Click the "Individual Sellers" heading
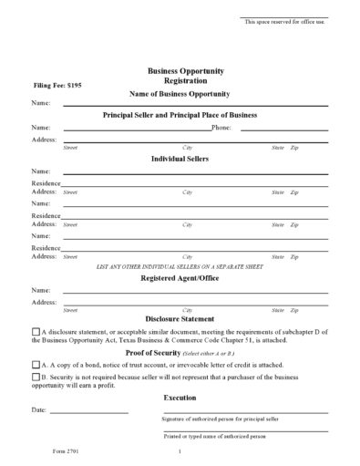tap(179, 159)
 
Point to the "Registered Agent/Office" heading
tap(179, 278)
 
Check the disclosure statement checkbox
tap(36, 333)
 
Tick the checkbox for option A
tap(36, 363)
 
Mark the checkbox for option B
tap(36, 375)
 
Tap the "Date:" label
tap(38, 411)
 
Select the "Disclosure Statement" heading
tap(179, 318)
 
